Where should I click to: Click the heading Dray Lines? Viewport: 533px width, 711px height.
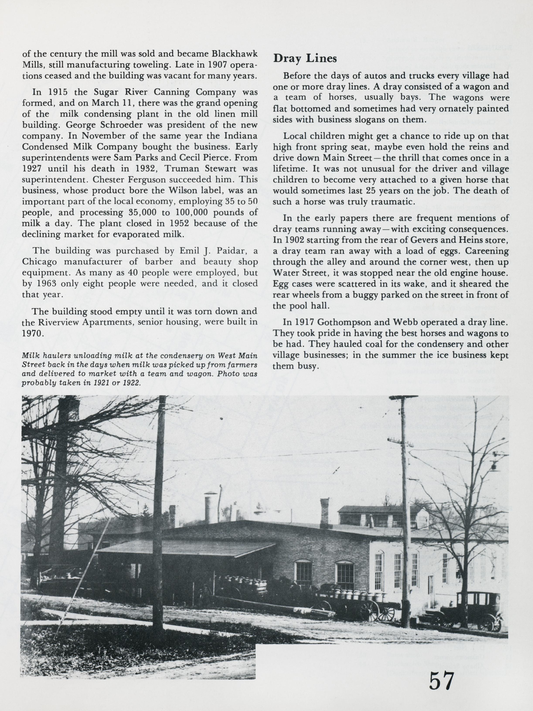pos(305,58)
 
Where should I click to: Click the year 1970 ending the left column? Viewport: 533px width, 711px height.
pos(32,333)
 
